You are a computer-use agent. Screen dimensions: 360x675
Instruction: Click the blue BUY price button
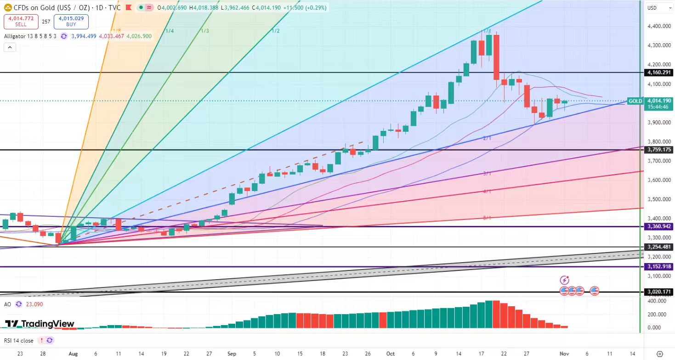coord(71,22)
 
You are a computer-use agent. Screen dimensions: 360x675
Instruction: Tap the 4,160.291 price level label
coord(658,73)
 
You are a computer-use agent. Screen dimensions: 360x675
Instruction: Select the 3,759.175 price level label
coord(658,150)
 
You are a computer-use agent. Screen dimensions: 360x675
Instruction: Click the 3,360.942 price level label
coord(658,226)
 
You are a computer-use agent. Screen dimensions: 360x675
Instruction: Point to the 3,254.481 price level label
coord(658,247)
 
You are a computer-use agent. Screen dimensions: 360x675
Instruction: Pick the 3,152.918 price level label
coord(658,266)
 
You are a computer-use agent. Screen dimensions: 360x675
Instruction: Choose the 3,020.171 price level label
coord(658,292)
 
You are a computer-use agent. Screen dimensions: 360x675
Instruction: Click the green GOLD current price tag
coord(635,101)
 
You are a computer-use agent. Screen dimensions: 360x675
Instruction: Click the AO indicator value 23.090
coord(34,304)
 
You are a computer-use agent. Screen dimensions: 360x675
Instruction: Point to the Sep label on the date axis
coord(232,354)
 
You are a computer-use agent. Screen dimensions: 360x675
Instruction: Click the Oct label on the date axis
coord(390,354)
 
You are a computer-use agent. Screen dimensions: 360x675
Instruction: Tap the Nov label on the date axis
coord(565,354)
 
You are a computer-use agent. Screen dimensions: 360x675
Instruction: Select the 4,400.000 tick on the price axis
coord(658,26)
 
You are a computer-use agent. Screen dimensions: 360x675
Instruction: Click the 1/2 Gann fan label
coord(276,31)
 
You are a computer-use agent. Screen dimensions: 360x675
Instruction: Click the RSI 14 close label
coord(19,340)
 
